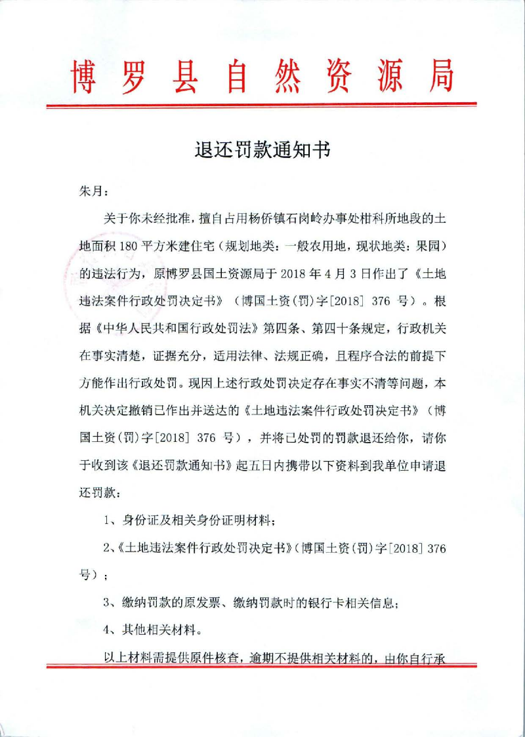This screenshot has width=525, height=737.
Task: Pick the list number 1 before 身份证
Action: tap(108, 521)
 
